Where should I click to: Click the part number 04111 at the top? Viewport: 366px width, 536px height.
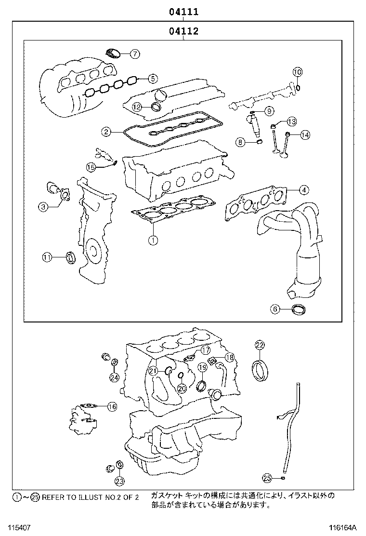(183, 12)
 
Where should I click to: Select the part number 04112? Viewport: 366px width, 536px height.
(183, 32)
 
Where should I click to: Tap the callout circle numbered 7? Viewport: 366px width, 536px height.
(134, 54)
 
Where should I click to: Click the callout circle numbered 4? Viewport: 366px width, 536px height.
(303, 190)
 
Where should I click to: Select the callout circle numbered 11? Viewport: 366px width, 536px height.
(47, 257)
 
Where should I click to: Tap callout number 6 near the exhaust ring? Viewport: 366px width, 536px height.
(274, 309)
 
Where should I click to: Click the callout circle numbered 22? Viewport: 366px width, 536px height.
(260, 345)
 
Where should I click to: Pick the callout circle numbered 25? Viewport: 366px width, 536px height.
(267, 478)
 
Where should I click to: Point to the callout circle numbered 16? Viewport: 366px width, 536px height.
(112, 407)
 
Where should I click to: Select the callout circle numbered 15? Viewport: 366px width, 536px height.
(91, 167)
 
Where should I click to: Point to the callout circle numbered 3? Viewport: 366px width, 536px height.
(43, 207)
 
